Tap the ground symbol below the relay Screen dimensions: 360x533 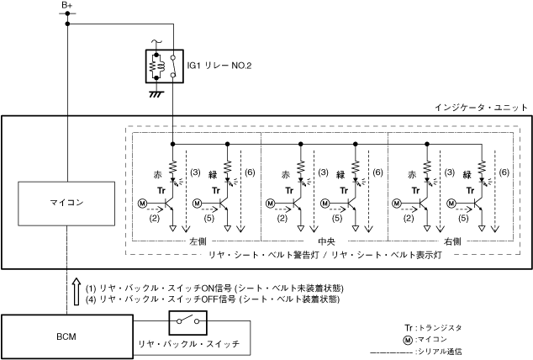(x=155, y=94)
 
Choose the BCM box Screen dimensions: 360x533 (x=66, y=336)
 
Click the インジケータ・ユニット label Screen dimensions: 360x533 (x=481, y=108)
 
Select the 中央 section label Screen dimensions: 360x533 (x=324, y=241)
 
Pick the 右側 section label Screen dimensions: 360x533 (x=452, y=241)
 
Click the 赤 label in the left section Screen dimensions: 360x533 (x=156, y=174)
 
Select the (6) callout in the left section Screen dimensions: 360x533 (x=250, y=172)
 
